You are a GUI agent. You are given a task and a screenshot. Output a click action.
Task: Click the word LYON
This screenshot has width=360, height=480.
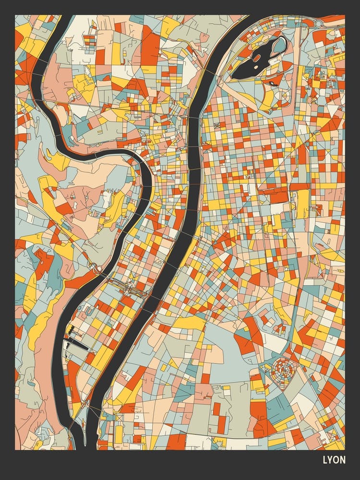334,460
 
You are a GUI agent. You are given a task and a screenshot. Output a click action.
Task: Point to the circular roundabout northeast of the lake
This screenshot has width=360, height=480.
318,24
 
